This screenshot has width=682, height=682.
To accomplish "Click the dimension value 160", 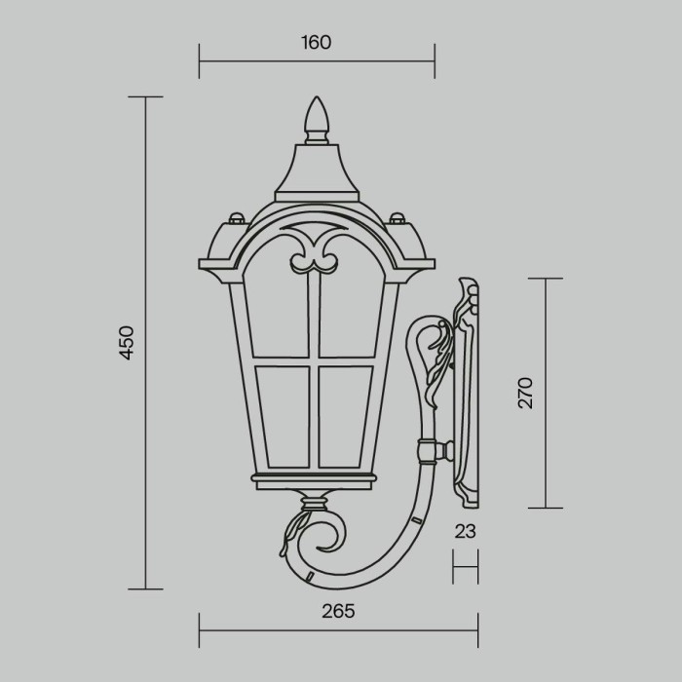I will pyautogui.click(x=317, y=42).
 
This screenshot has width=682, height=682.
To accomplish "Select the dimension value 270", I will pyautogui.click(x=526, y=392).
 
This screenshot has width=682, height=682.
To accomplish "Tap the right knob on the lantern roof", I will pyautogui.click(x=397, y=215).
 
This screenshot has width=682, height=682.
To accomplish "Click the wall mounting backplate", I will pyautogui.click(x=470, y=395).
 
